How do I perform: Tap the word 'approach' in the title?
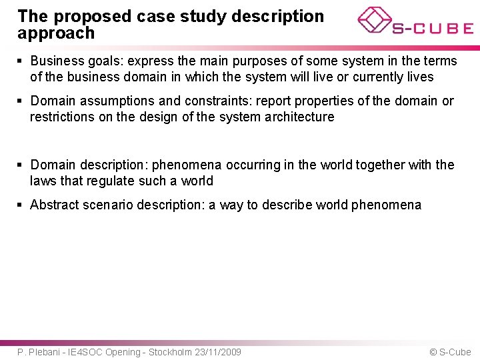[x=56, y=33]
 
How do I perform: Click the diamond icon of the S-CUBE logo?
[x=375, y=20]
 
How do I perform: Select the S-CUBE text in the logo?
[x=433, y=29]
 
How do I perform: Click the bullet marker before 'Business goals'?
[x=21, y=61]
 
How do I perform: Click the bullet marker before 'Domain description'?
[x=21, y=165]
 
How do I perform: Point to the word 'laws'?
[x=44, y=181]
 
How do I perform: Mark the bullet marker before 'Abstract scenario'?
[x=21, y=205]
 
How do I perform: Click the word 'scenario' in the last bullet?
[x=108, y=205]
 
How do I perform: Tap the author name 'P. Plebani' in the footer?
[x=37, y=352]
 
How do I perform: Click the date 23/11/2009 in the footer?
[x=218, y=352]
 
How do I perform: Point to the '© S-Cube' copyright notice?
[x=450, y=352]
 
